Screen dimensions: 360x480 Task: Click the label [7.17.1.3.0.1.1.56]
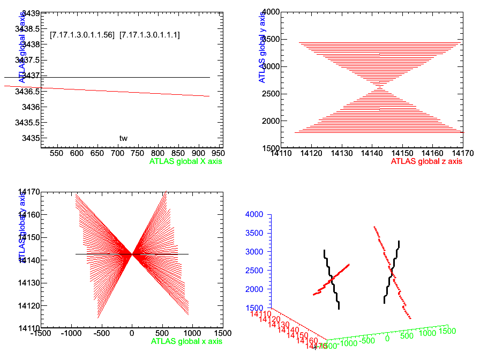(82, 35)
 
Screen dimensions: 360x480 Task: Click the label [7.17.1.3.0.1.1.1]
(149, 35)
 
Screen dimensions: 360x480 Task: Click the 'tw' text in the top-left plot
(123, 138)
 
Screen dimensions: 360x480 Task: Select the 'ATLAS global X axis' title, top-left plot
(186, 161)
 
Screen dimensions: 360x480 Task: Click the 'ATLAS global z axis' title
(426, 161)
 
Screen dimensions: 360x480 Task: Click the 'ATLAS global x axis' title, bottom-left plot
(186, 341)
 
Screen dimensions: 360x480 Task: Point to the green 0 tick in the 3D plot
(387, 339)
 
